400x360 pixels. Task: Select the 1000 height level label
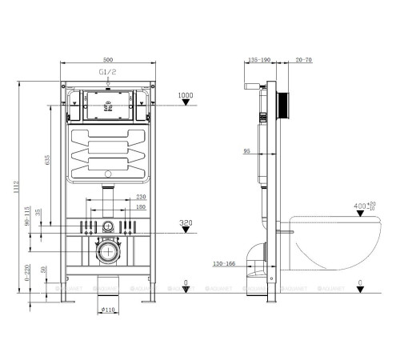pos(186,95)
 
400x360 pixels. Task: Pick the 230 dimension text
pos(140,198)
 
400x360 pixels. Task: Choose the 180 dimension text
pos(140,207)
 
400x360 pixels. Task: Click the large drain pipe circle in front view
pos(106,255)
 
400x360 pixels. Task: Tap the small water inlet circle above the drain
pos(106,226)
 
